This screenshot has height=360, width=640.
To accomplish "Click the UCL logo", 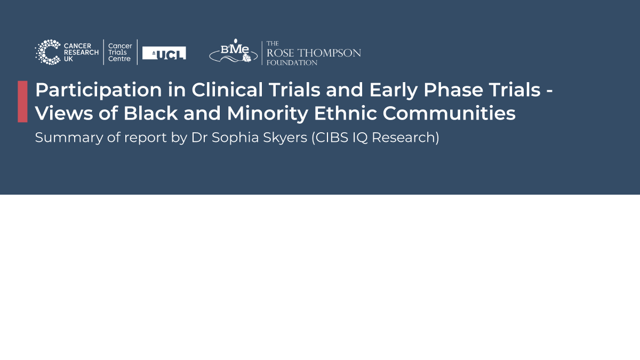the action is pos(164,53).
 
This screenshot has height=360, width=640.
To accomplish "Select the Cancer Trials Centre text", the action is pos(120,52).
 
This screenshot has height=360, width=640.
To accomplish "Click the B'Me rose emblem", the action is pos(234,51).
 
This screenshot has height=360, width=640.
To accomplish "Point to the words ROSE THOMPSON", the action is pos(314,53).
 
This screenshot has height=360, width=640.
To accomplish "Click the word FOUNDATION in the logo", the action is pos(292,63).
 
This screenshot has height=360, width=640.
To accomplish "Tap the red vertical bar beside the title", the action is pos(22,101).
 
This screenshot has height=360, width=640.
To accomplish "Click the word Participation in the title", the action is pos(99,91).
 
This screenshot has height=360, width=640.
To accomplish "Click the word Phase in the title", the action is pos(453,90).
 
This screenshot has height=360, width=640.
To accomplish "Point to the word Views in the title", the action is pos(64,113).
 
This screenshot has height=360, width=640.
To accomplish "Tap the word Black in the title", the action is pos(150,113).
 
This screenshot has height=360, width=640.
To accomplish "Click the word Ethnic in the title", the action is pos(345,113).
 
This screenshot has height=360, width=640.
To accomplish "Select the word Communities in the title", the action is pos(449,113).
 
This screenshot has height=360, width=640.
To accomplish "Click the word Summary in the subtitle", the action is pos(69,138).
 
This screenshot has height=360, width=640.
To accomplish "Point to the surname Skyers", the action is pos(285,138).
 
